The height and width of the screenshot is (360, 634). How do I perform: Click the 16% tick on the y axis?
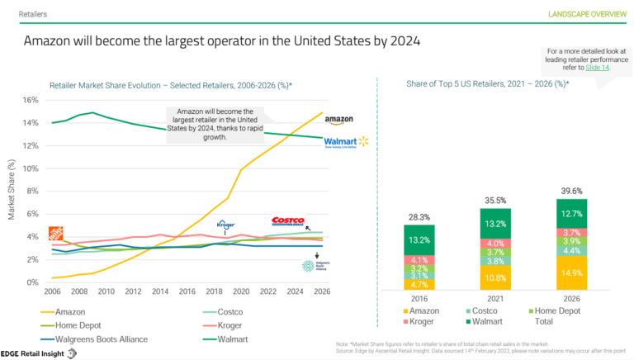(x=30, y=100)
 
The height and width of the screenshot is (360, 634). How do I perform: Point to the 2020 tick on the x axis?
(x=241, y=291)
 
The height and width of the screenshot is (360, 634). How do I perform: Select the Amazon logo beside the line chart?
(x=338, y=121)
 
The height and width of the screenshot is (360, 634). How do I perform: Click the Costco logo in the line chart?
(x=287, y=221)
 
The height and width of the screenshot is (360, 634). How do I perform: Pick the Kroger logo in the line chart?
(x=225, y=224)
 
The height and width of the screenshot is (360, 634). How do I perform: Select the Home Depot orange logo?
(x=56, y=234)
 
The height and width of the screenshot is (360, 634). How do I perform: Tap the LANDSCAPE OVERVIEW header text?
(x=584, y=14)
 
